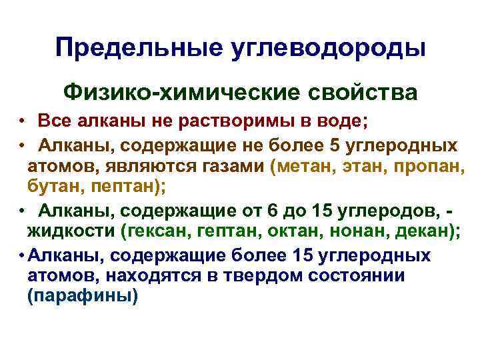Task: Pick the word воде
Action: [x=323, y=123]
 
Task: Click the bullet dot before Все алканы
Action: [x=22, y=123]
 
